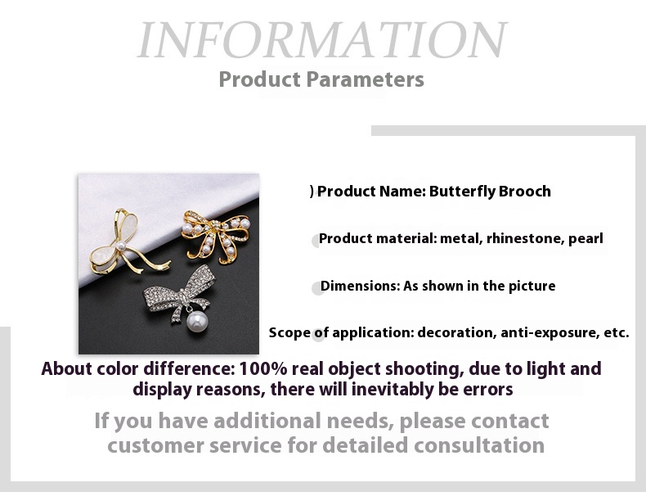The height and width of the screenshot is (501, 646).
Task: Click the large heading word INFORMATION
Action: (321, 39)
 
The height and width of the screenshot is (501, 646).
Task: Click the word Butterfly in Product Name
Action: (462, 192)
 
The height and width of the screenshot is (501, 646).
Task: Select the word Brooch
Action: (525, 192)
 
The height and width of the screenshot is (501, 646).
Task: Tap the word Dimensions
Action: (360, 286)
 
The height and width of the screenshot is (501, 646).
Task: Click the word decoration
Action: (457, 332)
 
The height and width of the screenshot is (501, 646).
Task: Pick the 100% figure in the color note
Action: (262, 368)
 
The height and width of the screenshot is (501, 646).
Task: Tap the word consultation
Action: (479, 445)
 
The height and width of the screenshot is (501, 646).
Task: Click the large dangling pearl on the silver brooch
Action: (197, 322)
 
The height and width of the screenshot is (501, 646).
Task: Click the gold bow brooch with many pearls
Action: (216, 236)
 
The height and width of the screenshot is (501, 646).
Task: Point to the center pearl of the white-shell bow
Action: (121, 246)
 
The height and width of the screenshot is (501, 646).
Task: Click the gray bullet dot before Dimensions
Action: (317, 289)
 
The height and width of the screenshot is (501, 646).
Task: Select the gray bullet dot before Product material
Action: (316, 241)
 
